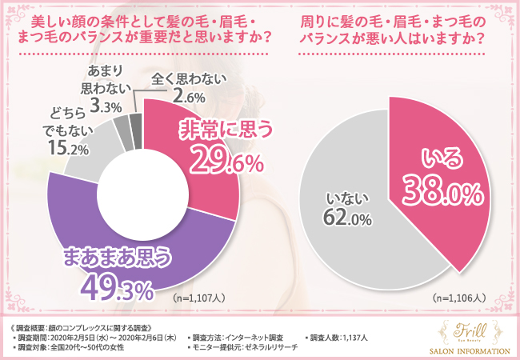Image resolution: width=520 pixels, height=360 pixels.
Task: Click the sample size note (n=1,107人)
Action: [200, 297]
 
